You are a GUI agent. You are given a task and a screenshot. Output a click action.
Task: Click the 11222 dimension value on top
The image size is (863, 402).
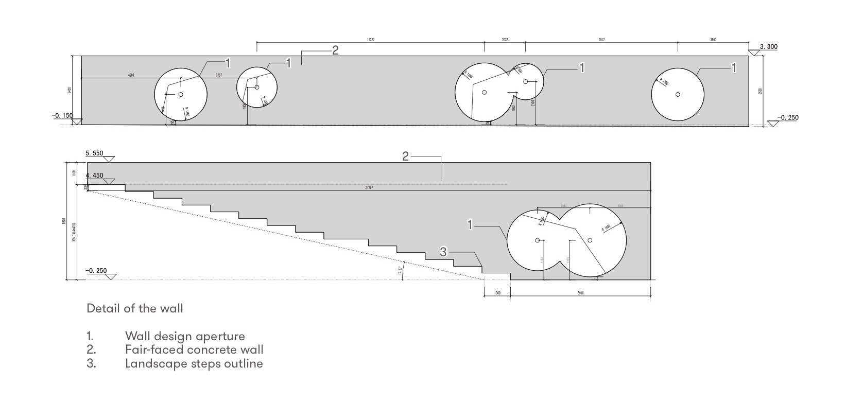click(370, 40)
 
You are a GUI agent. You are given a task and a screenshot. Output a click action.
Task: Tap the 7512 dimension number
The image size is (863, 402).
click(601, 40)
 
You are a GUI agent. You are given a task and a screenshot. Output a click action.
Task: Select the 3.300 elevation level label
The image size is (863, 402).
click(769, 47)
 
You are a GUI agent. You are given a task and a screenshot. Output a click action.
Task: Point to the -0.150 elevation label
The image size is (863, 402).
click(62, 116)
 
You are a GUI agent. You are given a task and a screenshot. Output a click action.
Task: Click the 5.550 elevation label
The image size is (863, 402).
click(95, 153)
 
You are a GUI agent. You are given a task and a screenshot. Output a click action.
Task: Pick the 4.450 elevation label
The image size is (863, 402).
click(95, 176)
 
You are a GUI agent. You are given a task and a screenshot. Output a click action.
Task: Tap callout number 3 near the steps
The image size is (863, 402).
click(444, 252)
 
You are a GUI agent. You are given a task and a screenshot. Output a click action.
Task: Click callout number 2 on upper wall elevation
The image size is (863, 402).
click(335, 50)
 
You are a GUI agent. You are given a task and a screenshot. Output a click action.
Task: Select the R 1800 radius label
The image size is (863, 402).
click(607, 228)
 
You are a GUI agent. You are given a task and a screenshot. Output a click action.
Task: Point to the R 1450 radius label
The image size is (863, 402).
click(468, 75)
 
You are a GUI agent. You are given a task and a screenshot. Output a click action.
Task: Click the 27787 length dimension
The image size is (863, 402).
click(369, 188)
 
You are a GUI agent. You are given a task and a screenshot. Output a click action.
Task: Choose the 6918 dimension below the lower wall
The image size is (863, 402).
click(581, 293)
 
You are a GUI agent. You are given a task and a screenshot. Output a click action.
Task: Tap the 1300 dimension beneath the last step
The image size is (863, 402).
click(497, 293)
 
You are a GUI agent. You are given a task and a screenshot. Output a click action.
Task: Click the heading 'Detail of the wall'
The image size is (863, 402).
click(134, 308)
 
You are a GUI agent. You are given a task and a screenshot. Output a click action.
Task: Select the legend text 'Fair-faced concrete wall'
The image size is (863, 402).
click(194, 349)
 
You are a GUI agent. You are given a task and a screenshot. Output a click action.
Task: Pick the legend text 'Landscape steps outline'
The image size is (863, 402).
click(194, 363)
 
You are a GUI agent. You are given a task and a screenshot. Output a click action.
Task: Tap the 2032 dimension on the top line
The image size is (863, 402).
click(505, 40)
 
